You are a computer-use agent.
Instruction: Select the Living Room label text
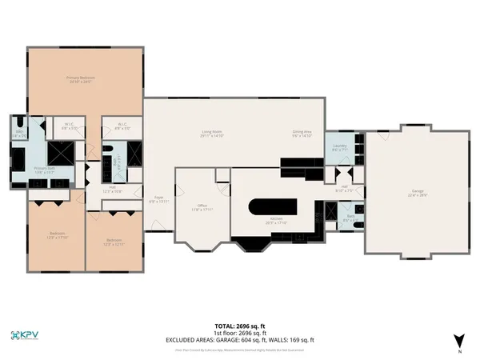pos(212,134)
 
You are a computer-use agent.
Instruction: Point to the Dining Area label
pos(301,134)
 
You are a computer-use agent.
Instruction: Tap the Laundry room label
pos(339,147)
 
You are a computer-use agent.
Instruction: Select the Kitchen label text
pos(276,220)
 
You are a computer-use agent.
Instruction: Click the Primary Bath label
pos(44,170)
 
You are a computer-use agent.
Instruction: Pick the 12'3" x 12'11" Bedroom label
pos(114,242)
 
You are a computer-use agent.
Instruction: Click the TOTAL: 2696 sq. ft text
pos(240,326)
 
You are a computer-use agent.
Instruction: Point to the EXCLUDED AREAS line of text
pos(240,340)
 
